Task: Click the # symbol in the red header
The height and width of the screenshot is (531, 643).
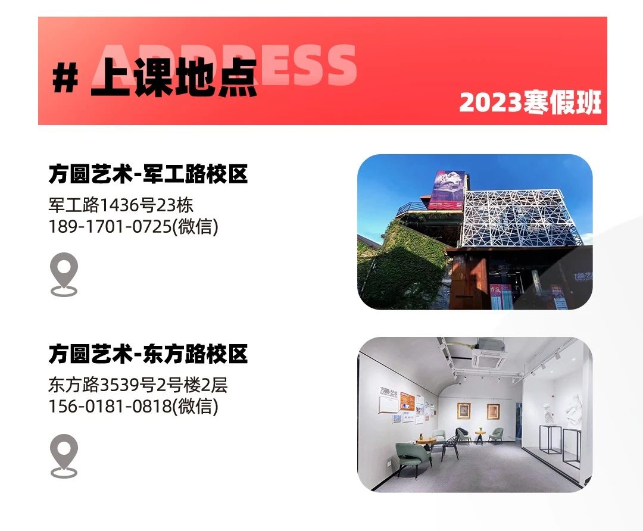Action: pyautogui.click(x=65, y=79)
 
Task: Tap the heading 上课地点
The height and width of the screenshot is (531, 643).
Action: pyautogui.click(x=174, y=77)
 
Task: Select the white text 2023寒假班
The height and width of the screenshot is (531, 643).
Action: pyautogui.click(x=530, y=102)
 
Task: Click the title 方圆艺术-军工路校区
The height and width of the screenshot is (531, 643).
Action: pyautogui.click(x=148, y=174)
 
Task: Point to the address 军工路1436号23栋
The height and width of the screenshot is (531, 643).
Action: pyautogui.click(x=120, y=205)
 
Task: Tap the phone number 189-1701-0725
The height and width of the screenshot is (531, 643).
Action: pyautogui.click(x=110, y=226)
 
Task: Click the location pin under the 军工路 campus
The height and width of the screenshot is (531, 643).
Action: pyautogui.click(x=64, y=274)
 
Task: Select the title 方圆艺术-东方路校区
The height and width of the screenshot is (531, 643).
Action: pyautogui.click(x=148, y=354)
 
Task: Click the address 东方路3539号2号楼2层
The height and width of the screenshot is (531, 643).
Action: pyautogui.click(x=138, y=385)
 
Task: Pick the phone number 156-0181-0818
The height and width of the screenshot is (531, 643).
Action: pyautogui.click(x=110, y=407)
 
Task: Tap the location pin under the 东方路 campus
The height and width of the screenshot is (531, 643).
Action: pyautogui.click(x=64, y=456)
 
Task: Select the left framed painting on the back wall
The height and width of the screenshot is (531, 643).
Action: pyautogui.click(x=464, y=411)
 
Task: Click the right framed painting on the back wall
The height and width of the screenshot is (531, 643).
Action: pyautogui.click(x=494, y=411)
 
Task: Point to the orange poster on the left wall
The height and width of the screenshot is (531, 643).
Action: pyautogui.click(x=407, y=401)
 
